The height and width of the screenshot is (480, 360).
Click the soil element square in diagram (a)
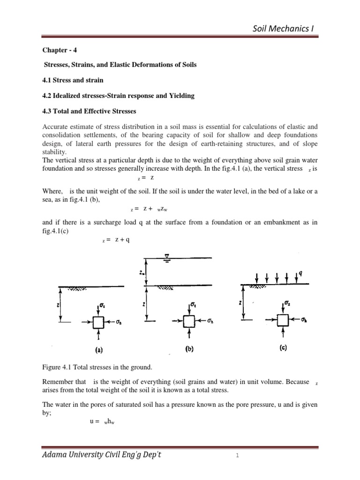pyautogui.click(x=98, y=322)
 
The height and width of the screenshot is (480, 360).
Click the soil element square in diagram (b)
pyautogui.click(x=189, y=321)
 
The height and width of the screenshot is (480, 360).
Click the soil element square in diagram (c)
pyautogui.click(x=282, y=320)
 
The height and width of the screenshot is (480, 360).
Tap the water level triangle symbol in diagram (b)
pyautogui.click(x=166, y=256)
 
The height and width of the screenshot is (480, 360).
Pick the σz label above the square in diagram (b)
pyautogui.click(x=194, y=305)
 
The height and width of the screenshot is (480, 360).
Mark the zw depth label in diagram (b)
pyautogui.click(x=142, y=270)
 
